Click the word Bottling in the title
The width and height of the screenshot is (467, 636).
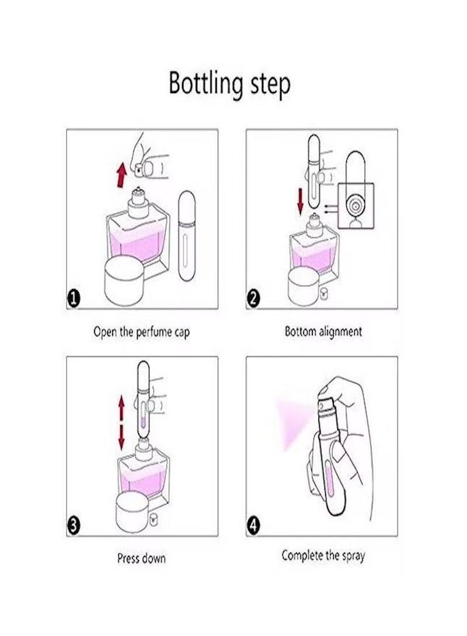coord(205,83)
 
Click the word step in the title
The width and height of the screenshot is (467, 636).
coord(270,85)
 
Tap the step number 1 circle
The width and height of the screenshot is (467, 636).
coord(74,299)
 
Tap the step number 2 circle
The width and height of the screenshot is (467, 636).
coord(253,299)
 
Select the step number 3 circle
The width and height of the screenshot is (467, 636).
coord(74,526)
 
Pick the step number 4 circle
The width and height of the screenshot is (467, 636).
coord(253,526)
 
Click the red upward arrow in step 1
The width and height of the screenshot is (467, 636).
coord(121,175)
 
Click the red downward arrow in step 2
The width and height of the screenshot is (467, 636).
coord(300,201)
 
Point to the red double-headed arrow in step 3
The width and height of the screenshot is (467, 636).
coord(121,423)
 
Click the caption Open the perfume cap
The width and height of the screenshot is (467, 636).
coord(142,332)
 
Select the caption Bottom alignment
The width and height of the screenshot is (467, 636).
coord(323,331)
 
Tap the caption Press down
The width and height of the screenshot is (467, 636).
coord(141,558)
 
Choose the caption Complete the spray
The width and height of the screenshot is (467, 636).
coord(323,556)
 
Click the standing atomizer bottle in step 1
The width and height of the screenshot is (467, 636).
coord(187,236)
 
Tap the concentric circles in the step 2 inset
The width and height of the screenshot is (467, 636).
coord(356,206)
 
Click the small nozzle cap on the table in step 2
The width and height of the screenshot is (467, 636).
coord(323,294)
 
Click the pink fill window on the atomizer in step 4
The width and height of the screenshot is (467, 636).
coord(330,480)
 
